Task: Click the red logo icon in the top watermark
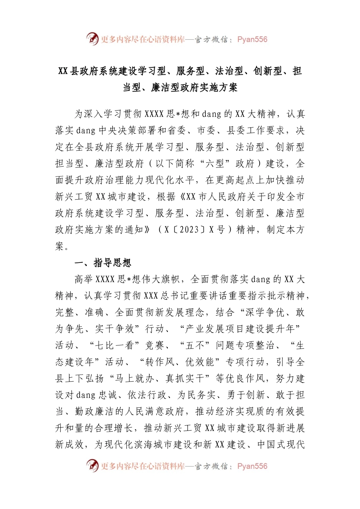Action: coord(92,39)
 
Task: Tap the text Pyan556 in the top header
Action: coord(252,39)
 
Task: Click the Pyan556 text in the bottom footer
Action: coord(252,466)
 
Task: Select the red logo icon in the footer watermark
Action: coord(92,465)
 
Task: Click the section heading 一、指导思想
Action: coord(103,263)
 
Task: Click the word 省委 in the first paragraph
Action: coord(177,131)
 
